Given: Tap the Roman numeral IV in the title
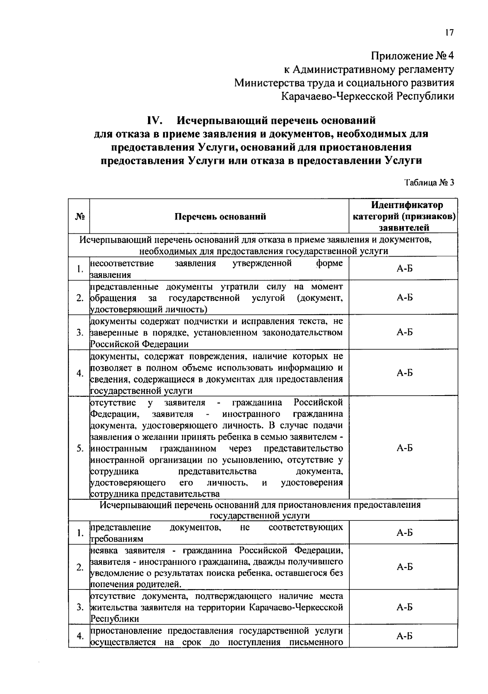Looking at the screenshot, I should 155,121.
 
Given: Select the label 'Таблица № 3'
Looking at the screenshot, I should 429,183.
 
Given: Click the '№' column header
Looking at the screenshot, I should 79,216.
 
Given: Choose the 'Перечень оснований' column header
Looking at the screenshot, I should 220,216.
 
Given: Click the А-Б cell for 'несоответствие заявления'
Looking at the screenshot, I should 404,269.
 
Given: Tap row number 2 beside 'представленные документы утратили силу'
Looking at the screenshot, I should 80,298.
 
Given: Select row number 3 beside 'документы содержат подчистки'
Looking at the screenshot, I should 80,333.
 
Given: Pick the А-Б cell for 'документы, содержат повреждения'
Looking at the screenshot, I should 404,373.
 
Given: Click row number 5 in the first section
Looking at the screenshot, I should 80,448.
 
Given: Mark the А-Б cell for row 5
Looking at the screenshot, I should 404,448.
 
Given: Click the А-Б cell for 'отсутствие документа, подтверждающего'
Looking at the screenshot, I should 404,607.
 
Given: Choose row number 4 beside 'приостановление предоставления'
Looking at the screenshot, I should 80,636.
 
